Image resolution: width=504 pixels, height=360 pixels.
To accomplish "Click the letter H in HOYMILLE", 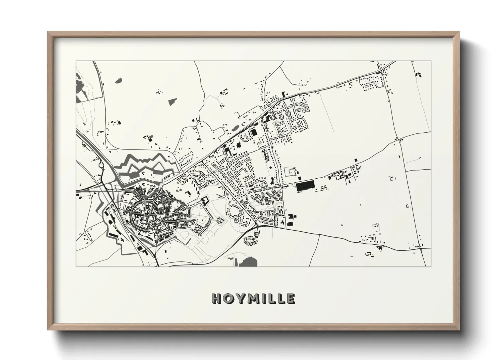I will tap(217, 298).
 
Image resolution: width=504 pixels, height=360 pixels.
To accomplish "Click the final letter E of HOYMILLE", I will tap(290, 298).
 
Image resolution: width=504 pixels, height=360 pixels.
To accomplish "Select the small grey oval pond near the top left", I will tap(119, 81).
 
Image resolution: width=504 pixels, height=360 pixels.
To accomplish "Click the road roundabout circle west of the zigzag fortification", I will tap(101, 166).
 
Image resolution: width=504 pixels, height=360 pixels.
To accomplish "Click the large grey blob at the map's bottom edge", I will tap(248, 261).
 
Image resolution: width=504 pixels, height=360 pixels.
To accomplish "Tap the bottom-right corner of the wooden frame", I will tap(459, 330).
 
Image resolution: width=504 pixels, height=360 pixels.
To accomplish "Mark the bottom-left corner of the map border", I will tap(76, 266).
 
